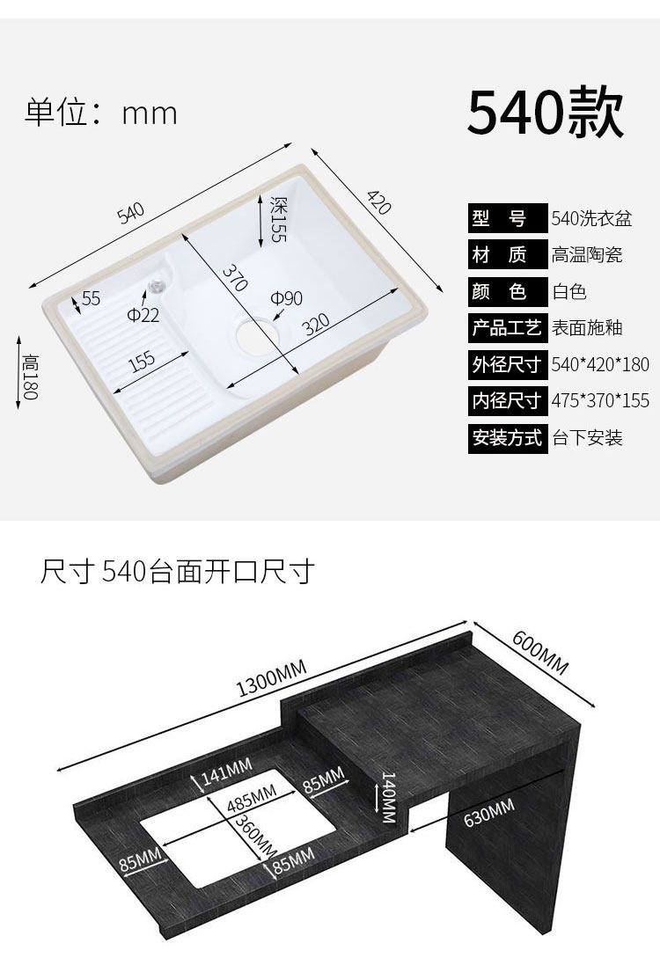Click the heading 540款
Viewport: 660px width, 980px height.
545,112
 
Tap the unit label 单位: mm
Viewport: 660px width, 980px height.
101,113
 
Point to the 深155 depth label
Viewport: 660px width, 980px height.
278,220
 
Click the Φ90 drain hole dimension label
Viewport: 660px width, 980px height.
286,299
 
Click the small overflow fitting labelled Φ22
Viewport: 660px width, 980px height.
158,285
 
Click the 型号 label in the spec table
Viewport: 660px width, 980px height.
506,219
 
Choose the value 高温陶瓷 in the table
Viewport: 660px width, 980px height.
587,255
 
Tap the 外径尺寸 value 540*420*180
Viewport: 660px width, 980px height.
600,364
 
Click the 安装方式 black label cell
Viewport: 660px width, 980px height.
507,437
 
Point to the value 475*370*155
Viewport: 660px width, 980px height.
600,401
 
